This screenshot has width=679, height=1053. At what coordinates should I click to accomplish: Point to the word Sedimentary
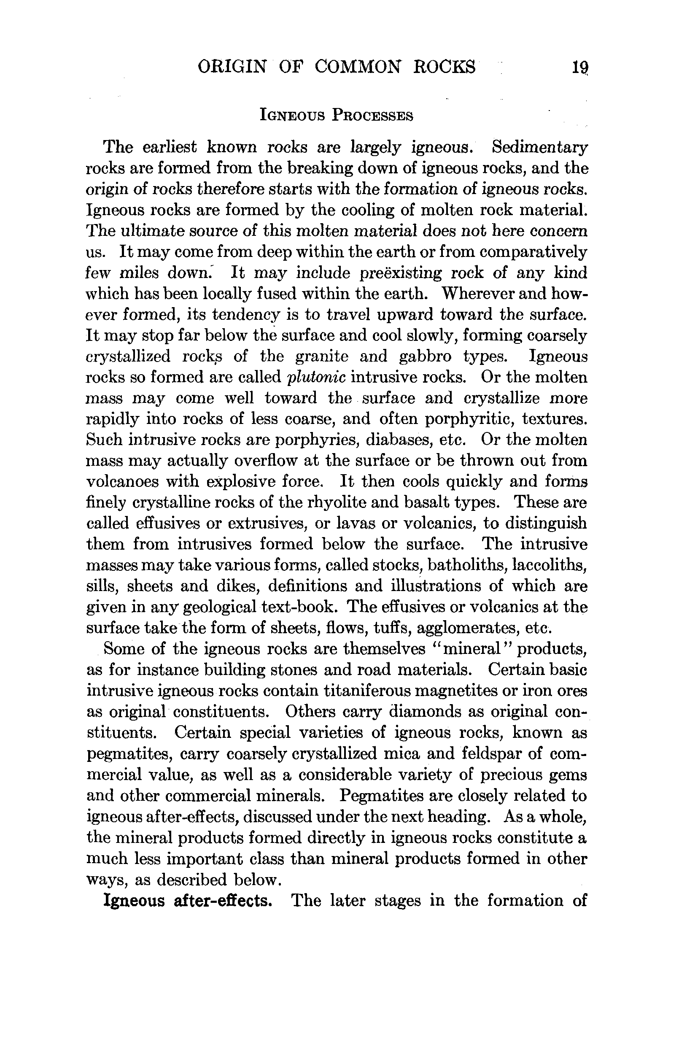pyautogui.click(x=540, y=147)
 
